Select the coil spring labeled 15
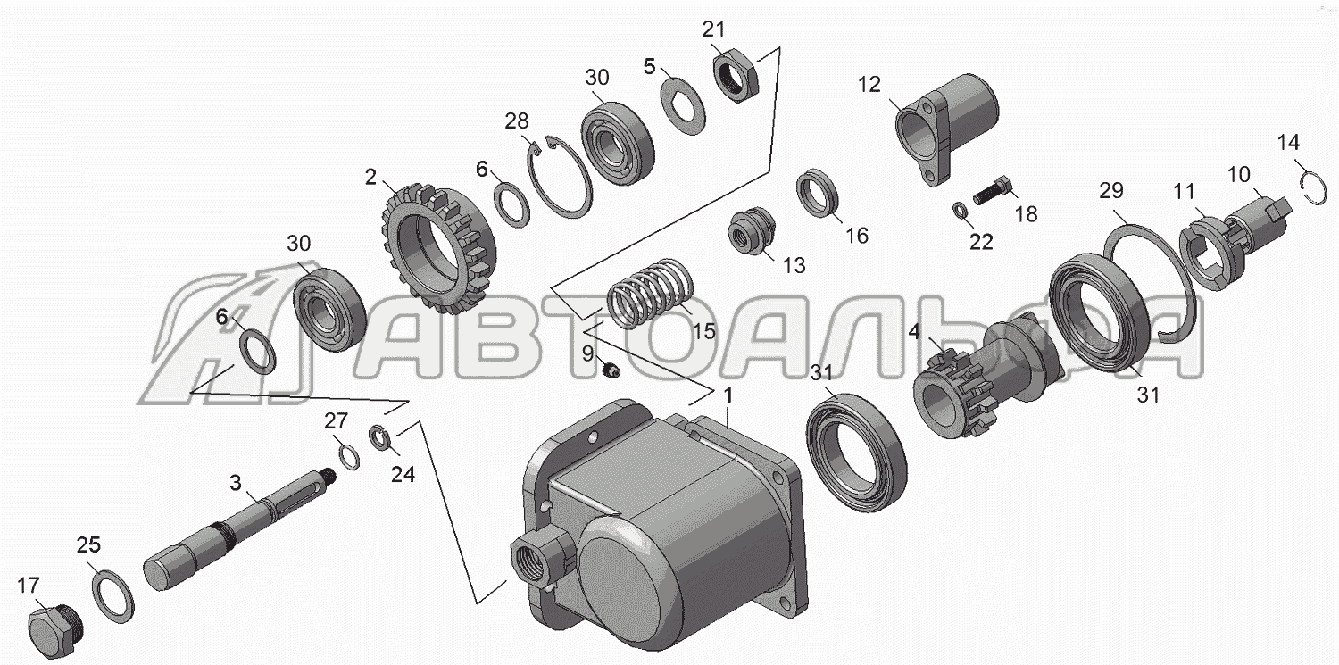point(651,294)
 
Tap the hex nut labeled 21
point(736,78)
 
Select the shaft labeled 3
point(239,528)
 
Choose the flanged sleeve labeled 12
point(944,129)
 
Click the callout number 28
point(517,121)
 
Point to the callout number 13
point(794,265)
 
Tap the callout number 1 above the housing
point(728,395)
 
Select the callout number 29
point(1111,191)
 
